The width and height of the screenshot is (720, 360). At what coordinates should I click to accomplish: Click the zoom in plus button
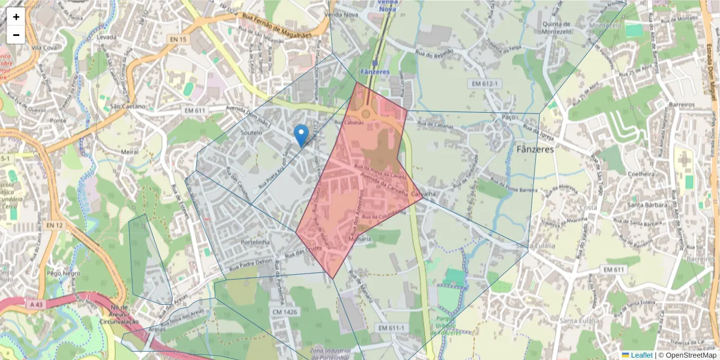(16, 17)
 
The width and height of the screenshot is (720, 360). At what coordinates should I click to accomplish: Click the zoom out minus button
(16, 35)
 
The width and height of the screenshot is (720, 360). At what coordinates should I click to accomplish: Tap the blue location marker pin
(302, 134)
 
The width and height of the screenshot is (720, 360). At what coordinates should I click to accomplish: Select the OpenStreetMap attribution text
(687, 355)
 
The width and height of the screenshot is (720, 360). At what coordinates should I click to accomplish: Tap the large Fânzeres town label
(535, 149)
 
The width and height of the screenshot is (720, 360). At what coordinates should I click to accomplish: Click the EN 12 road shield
(54, 225)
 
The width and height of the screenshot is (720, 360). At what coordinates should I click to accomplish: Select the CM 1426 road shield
(285, 312)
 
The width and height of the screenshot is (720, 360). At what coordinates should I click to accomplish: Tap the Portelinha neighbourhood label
(256, 242)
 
